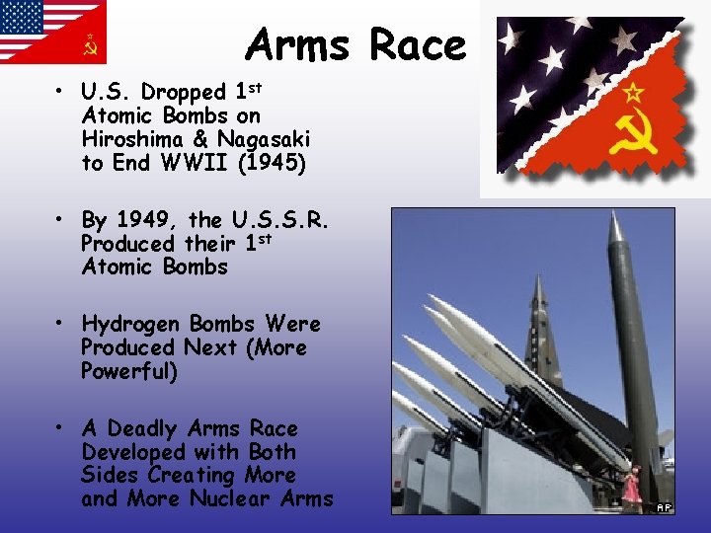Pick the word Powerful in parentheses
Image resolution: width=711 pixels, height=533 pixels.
129,372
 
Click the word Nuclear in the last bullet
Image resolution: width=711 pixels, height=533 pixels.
230,498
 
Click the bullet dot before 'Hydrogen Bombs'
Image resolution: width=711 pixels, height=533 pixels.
61,324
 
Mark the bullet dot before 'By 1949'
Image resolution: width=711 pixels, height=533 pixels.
61,219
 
